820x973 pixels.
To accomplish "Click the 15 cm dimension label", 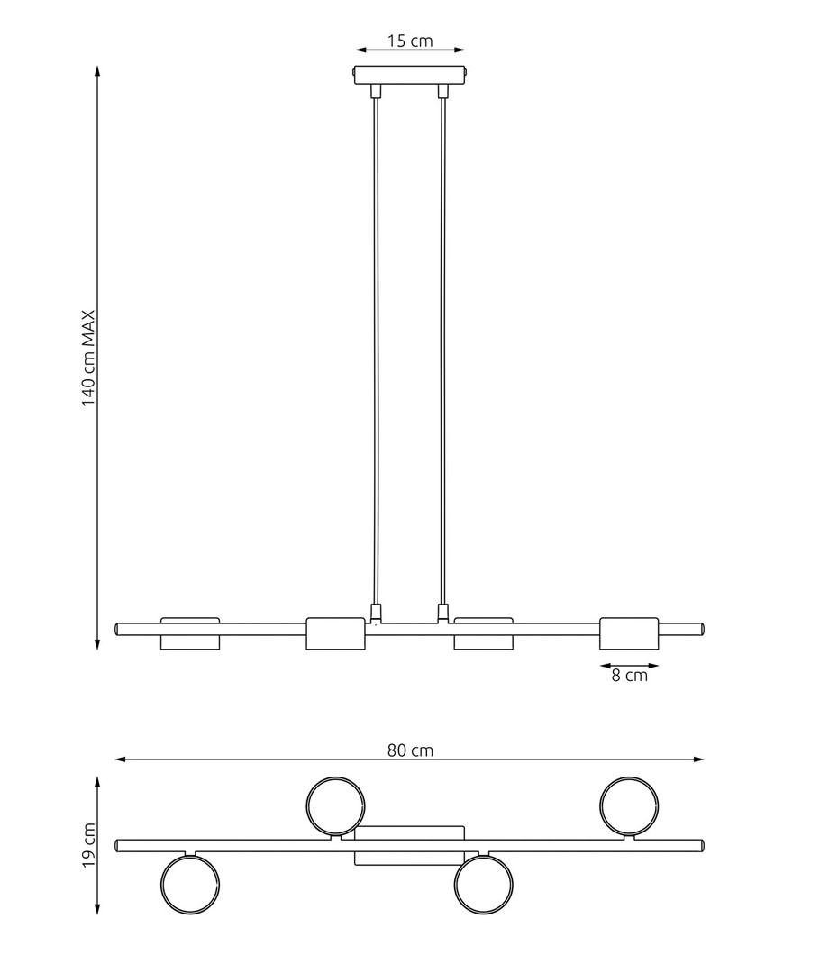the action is [410, 41].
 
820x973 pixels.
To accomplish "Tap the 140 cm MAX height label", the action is [88, 358].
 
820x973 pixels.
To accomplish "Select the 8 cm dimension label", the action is [630, 676].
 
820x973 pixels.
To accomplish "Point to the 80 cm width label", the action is [410, 750].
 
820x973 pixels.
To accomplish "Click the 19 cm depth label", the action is [88, 845].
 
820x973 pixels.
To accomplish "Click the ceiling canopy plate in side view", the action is [410, 75].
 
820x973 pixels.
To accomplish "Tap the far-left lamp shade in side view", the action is [190, 634].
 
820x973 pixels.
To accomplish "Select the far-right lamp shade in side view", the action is [629, 633].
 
